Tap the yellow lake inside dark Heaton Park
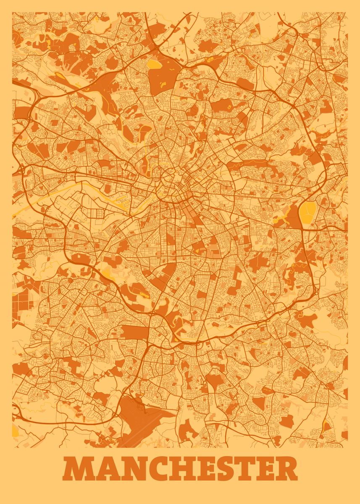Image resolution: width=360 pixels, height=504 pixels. coord(154,64)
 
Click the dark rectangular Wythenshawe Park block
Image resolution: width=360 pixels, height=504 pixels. coord(135,332)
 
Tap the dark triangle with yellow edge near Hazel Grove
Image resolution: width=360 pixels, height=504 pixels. coord(326,426)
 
